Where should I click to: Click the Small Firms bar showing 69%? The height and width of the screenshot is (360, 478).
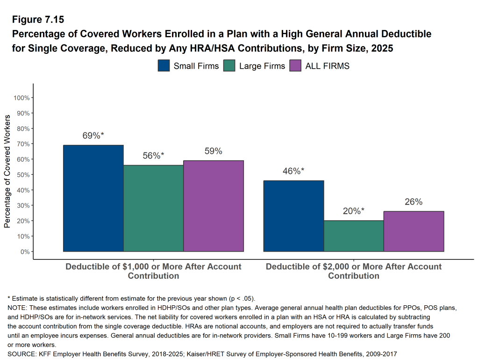click(93, 198)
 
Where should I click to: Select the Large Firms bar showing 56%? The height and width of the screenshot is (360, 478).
click(153, 209)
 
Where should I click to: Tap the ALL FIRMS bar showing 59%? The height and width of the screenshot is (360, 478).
click(214, 206)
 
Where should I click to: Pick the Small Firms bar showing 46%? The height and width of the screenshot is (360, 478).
click(293, 216)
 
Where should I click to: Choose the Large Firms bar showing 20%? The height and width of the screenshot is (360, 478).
click(354, 236)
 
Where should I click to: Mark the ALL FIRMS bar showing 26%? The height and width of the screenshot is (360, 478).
click(414, 231)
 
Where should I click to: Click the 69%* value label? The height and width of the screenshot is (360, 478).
click(93, 136)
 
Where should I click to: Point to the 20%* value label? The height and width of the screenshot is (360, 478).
click(354, 211)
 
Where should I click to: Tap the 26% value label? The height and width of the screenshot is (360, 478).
click(414, 202)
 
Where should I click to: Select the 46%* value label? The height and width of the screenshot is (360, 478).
click(293, 171)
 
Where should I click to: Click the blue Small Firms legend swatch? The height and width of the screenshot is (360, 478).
click(164, 66)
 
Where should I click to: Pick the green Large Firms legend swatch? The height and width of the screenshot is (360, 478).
click(230, 66)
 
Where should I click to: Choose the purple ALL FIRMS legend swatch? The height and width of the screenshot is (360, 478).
click(296, 66)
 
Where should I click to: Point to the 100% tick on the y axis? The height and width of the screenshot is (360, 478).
click(22, 98)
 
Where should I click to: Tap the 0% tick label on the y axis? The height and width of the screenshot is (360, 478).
click(25, 252)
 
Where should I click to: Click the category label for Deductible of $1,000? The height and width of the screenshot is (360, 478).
click(153, 271)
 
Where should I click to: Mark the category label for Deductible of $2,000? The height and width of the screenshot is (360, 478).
click(354, 271)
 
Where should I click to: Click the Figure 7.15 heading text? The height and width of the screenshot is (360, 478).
click(38, 20)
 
